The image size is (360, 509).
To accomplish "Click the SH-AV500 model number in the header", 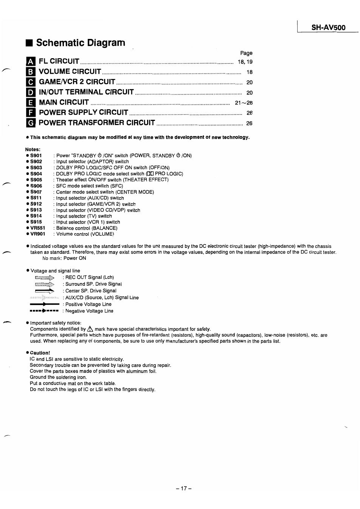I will coord(328,28).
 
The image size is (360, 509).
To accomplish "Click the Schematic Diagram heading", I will coord(81,43).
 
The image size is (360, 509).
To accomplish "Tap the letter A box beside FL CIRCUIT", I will coord(31,62).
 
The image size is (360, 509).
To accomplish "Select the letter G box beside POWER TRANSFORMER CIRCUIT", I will coord(31,123).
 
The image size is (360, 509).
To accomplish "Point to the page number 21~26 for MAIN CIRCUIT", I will coord(244,102).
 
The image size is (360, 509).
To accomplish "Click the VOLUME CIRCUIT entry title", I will coord(70,71).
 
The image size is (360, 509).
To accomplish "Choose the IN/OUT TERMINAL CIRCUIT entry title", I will coord(86,92).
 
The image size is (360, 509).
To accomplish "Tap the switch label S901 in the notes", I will coord(36,155).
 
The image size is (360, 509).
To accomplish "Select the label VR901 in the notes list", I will coord(37,234).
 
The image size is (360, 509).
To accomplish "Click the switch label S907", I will coord(36,192).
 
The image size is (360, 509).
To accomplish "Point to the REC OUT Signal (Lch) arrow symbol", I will coord(45,278).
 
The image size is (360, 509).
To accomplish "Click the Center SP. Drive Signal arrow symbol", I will coord(45,291).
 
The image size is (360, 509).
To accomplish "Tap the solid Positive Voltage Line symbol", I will coord(45,304).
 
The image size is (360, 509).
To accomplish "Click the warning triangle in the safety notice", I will coord(90,329).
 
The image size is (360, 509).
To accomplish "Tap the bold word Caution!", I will coord(40,353).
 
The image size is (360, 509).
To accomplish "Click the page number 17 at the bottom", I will coord(184,489).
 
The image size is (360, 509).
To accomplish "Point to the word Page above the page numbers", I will coord(246,53).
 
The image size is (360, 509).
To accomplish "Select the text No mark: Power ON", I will coord(64,258).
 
